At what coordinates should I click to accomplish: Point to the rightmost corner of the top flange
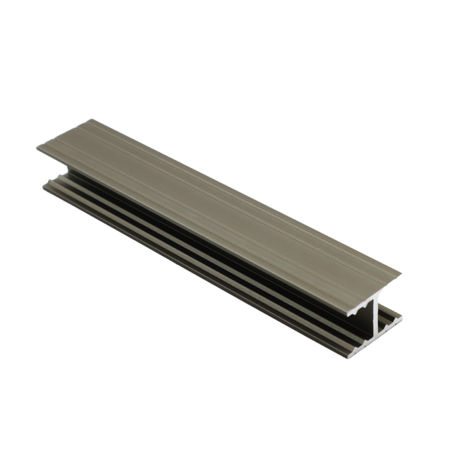point(400,273)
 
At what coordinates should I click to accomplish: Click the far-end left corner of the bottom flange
point(43,185)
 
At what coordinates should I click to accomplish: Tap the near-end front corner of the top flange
point(347,315)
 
